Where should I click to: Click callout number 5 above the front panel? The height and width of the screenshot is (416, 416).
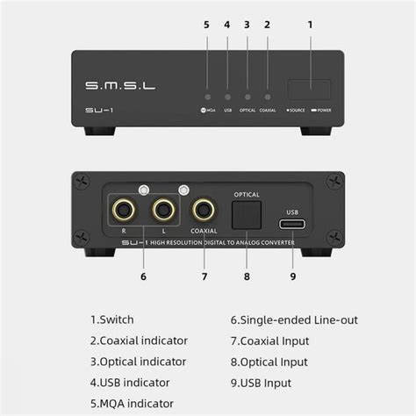coord(206,25)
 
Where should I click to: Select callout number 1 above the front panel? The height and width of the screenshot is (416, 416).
coord(310,25)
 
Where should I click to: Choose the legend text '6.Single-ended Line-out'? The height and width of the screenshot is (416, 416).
coord(294,320)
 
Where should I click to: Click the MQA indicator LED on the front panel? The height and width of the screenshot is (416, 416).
coord(206,97)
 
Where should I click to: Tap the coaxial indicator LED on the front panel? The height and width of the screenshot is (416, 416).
coord(268,97)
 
